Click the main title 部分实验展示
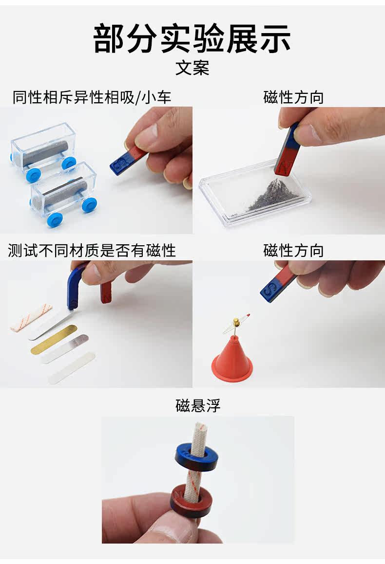(x=192, y=38)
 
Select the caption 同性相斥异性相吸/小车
(x=92, y=97)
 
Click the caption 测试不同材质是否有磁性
(x=92, y=251)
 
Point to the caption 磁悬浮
(x=198, y=405)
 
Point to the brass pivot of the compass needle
(x=236, y=321)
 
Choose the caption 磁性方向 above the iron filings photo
(x=293, y=97)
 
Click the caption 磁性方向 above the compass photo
(x=293, y=251)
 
